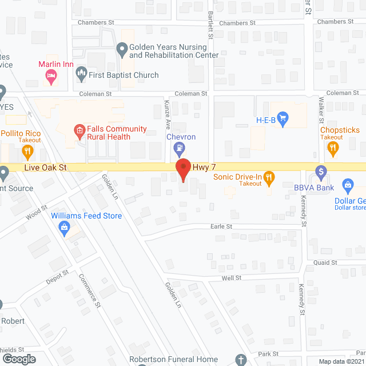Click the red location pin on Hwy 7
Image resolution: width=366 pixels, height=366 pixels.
pyautogui.click(x=182, y=169)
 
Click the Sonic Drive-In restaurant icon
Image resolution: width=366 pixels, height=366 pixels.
pyautogui.click(x=270, y=177)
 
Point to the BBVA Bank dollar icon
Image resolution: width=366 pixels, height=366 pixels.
pyautogui.click(x=321, y=170)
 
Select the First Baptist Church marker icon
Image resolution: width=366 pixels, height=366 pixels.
pyautogui.click(x=81, y=74)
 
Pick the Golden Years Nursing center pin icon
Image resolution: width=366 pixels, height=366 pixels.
pyautogui.click(x=121, y=50)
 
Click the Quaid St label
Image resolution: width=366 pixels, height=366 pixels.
pyautogui.click(x=325, y=262)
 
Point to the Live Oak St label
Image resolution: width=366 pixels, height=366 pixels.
pyautogui.click(x=46, y=168)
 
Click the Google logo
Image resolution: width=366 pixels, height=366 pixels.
pyautogui.click(x=18, y=359)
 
